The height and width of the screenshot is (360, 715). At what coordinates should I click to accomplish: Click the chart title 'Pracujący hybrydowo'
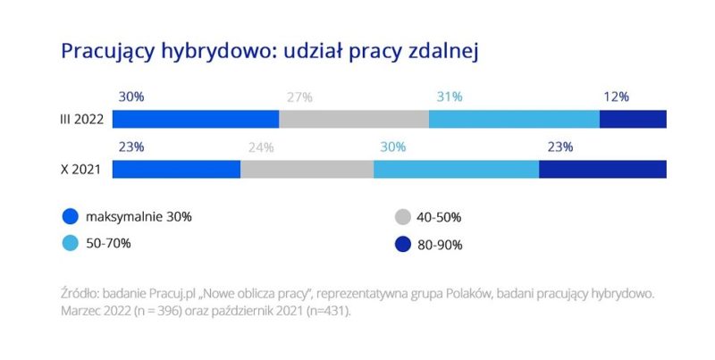point(271,51)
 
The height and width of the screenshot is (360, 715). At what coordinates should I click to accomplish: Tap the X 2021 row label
point(80,169)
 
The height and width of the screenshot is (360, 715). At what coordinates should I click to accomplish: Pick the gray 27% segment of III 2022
point(354,119)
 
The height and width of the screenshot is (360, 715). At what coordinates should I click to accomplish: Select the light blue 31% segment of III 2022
point(514,119)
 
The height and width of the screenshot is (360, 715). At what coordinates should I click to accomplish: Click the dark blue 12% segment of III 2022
point(633,119)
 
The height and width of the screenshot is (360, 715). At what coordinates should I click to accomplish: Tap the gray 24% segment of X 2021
point(307,169)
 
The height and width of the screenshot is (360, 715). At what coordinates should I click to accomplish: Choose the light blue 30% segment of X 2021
point(456,169)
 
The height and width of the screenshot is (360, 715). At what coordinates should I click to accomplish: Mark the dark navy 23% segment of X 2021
point(602,169)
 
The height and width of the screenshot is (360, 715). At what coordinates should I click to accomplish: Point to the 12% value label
point(616,96)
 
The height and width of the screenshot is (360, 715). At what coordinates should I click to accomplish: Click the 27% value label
point(298,96)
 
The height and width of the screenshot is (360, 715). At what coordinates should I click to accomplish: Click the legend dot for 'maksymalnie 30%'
point(71,216)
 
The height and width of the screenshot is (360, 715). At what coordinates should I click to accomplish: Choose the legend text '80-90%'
point(440,244)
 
